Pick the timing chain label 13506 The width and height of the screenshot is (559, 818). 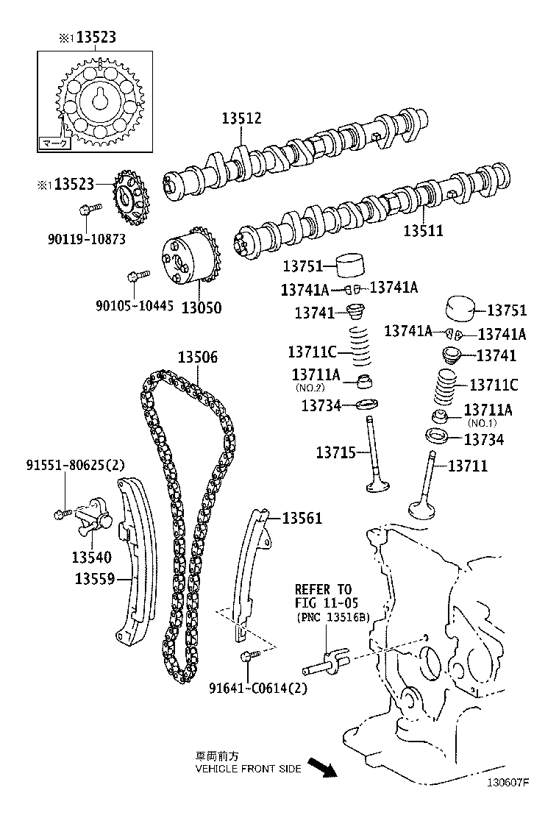click(x=197, y=358)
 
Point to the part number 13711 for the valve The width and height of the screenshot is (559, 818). click(x=467, y=466)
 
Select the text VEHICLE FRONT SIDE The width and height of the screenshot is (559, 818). click(x=248, y=769)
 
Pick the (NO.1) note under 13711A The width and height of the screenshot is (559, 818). click(x=482, y=422)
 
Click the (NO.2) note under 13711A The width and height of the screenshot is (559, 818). click(x=310, y=387)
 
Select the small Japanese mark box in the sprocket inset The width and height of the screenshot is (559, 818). click(x=54, y=143)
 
